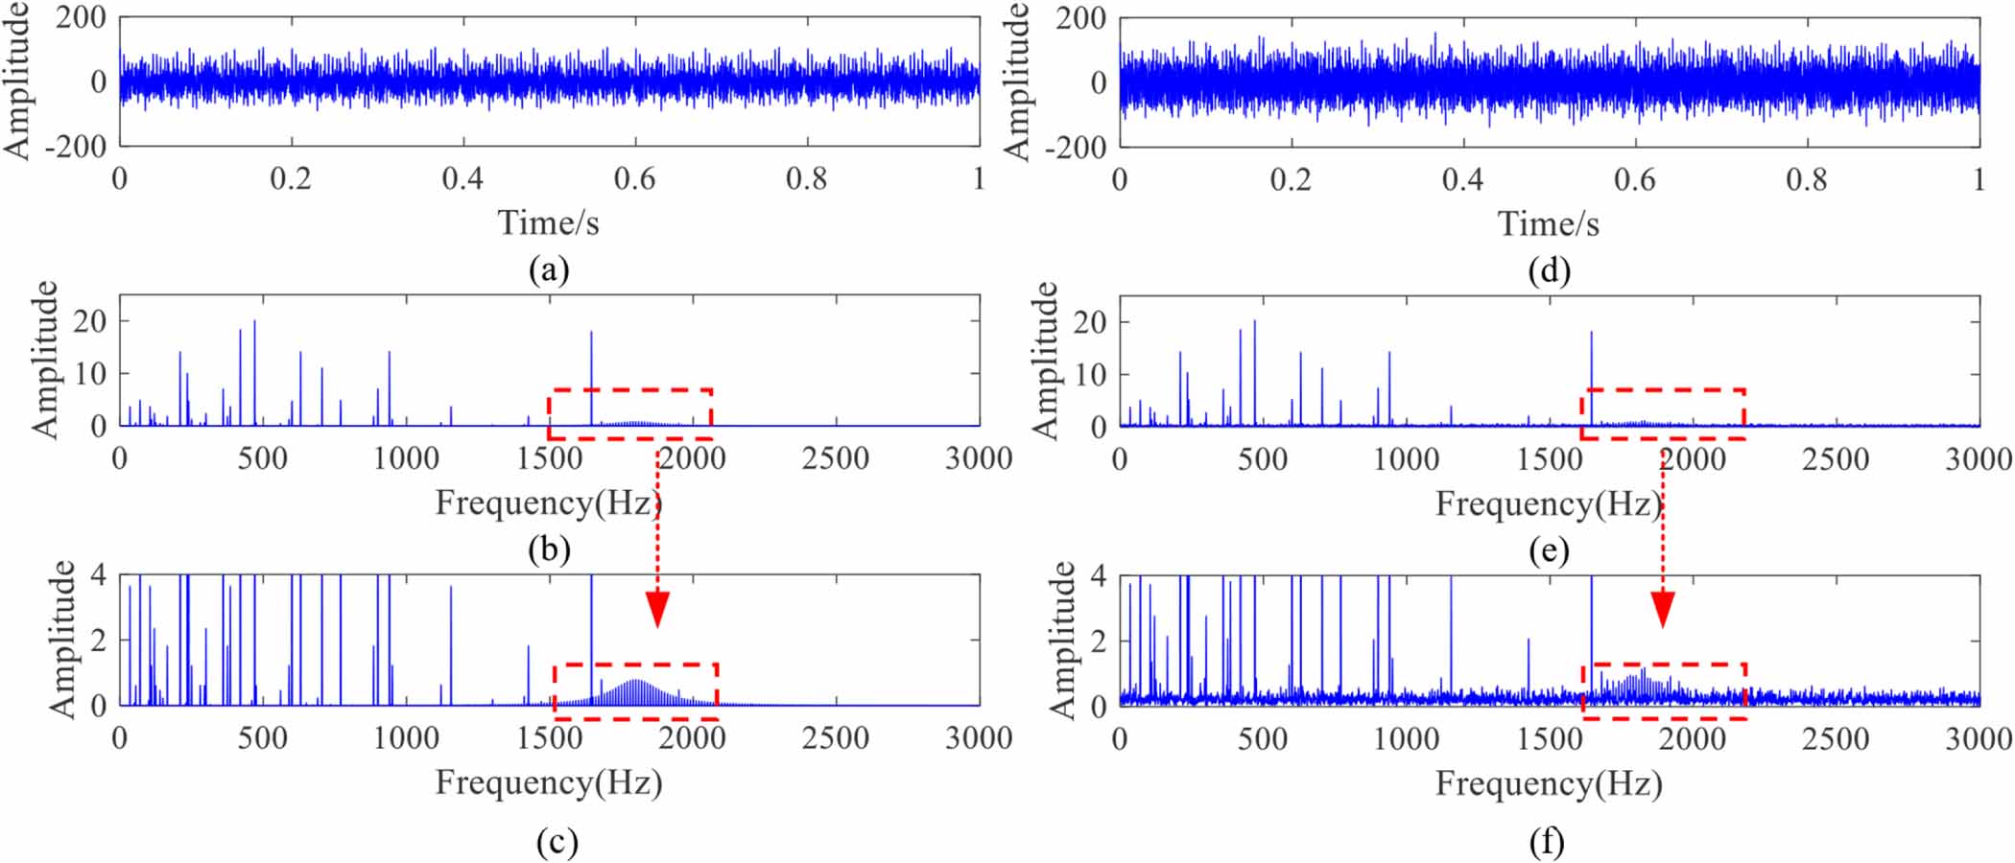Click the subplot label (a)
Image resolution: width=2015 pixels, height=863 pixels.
coord(549,270)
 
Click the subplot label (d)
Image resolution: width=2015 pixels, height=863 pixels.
coord(1549,270)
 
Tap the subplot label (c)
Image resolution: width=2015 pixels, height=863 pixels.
coord(557,842)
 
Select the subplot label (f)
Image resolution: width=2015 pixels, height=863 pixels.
coord(1547,842)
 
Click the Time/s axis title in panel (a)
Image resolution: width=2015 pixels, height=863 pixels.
coord(549,222)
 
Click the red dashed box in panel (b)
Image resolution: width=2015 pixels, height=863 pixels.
coord(630,391)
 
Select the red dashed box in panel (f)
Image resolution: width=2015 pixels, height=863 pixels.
coord(1663,665)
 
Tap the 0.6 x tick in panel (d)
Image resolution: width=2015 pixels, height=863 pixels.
coord(1634,179)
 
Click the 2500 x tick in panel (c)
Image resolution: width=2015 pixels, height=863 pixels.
coord(835,737)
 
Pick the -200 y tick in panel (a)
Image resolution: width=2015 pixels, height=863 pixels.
coord(76,147)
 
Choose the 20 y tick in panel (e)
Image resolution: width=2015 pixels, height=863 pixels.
coord(1090,322)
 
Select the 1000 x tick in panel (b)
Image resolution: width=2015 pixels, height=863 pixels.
coord(406,458)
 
